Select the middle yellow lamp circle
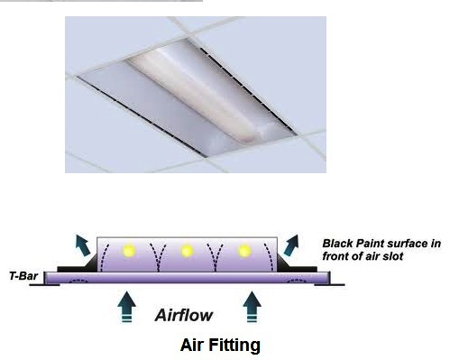click(186, 250)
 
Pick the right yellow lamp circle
click(243, 250)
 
